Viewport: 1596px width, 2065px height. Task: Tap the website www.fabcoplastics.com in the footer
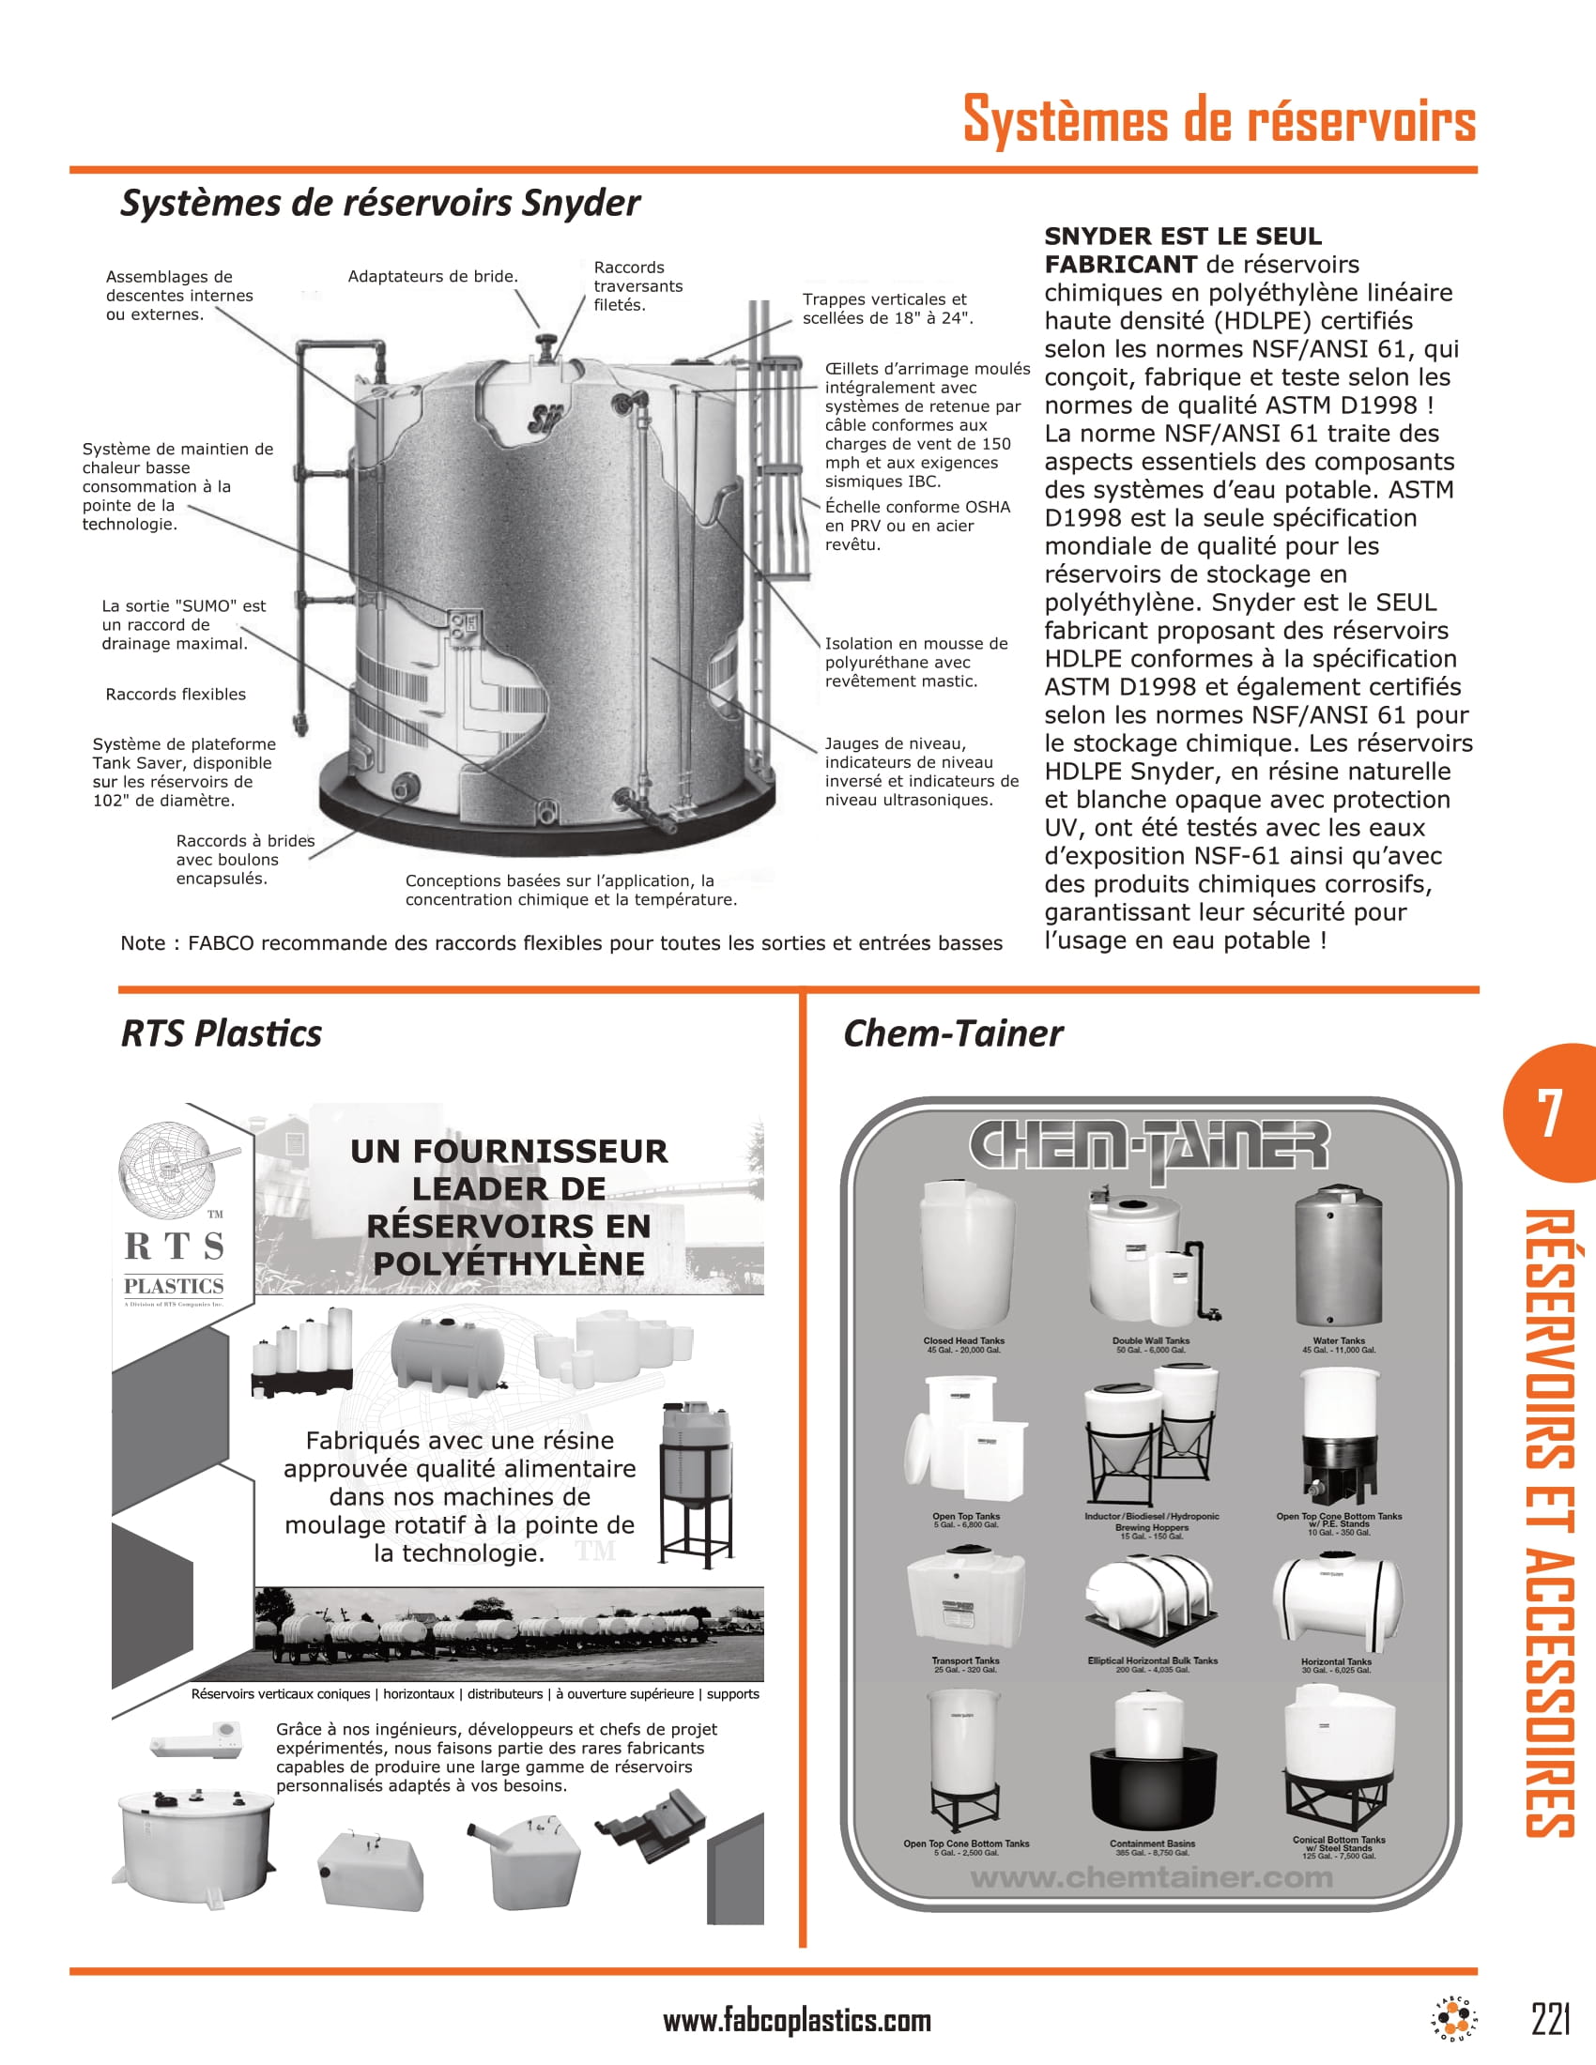[x=797, y=2021]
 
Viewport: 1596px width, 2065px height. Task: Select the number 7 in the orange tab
[x=1549, y=1113]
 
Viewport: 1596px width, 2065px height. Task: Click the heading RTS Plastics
[x=222, y=1033]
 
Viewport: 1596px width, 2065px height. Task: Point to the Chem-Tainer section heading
[x=952, y=1033]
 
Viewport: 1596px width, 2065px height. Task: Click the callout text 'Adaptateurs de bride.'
[x=433, y=276]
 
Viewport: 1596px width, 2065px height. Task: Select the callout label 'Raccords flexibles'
[x=176, y=694]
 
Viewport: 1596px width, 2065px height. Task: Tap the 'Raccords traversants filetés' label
[x=637, y=285]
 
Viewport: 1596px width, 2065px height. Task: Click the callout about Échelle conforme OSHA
[x=916, y=526]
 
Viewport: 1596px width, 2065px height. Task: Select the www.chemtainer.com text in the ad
[x=1151, y=1877]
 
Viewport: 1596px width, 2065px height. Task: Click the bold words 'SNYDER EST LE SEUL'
[x=1182, y=237]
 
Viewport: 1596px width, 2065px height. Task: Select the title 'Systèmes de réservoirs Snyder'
[x=380, y=203]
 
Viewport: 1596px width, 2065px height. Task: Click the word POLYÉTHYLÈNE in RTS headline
[x=509, y=1263]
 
